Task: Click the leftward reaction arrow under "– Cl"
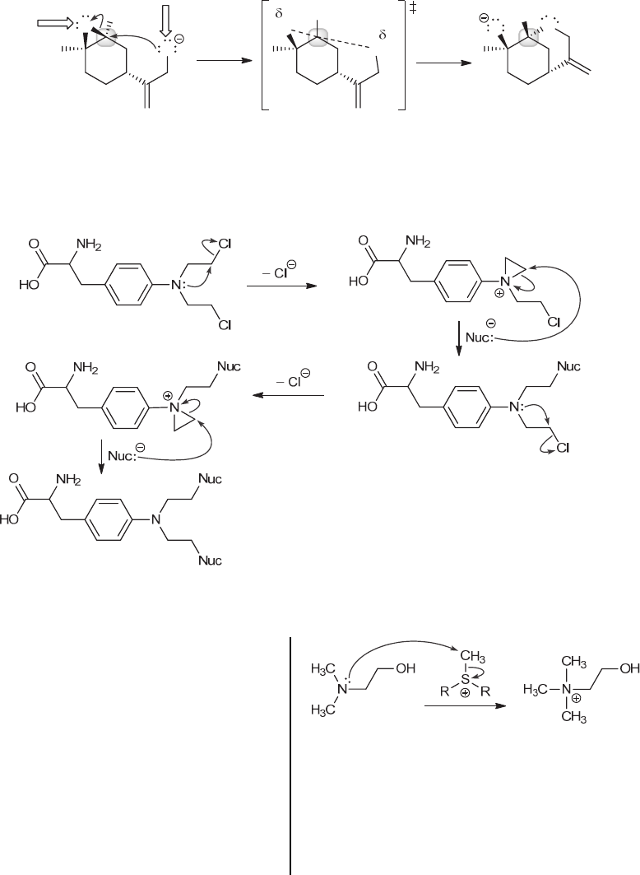click(287, 395)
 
